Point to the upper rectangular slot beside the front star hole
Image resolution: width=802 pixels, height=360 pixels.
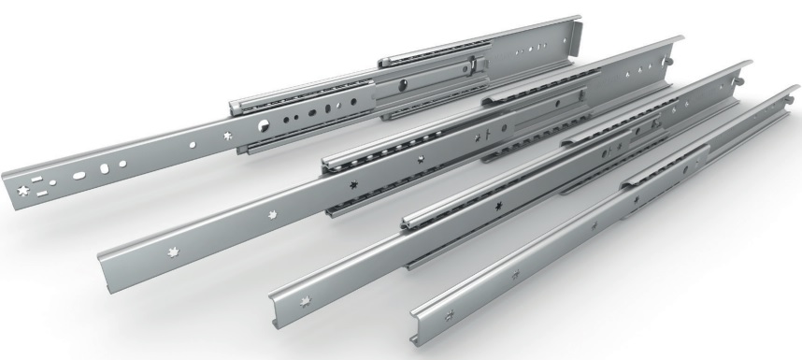click(x=39, y=176)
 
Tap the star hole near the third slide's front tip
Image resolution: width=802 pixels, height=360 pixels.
click(x=312, y=300)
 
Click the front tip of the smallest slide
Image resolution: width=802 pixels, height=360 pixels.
click(x=418, y=310)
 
